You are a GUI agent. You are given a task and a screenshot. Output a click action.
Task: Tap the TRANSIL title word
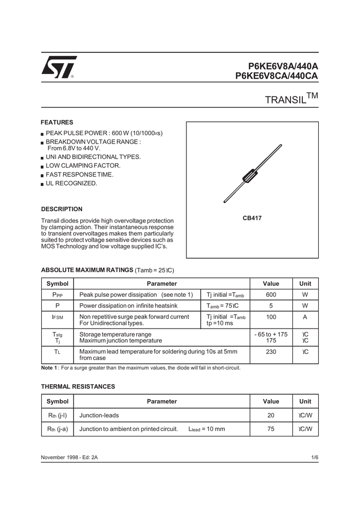pyautogui.click(x=285, y=99)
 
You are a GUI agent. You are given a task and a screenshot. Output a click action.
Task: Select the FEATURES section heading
pyautogui.click(x=57, y=122)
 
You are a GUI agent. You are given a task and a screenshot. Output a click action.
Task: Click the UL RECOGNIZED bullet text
pyautogui.click(x=72, y=183)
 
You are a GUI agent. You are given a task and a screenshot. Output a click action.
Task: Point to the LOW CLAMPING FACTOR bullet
pyautogui.click(x=83, y=166)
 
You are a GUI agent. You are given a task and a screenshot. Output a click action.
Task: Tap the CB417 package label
pyautogui.click(x=252, y=218)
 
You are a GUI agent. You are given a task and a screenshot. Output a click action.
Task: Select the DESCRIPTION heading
pyautogui.click(x=62, y=209)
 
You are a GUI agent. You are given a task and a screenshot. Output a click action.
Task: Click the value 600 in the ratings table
pyautogui.click(x=271, y=295)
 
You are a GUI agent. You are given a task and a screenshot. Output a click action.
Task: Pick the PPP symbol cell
pyautogui.click(x=57, y=295)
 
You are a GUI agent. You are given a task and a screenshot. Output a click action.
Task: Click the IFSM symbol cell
pyautogui.click(x=57, y=317)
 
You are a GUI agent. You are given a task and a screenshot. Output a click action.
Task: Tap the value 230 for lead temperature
pyautogui.click(x=271, y=352)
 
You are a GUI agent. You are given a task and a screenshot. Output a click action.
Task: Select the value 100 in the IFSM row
pyautogui.click(x=271, y=317)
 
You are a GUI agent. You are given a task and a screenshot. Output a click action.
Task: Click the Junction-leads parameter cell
pyautogui.click(x=99, y=415)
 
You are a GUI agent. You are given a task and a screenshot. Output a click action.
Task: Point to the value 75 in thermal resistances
pyautogui.click(x=271, y=429)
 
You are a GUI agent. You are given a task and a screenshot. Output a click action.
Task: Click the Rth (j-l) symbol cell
pyautogui.click(x=57, y=415)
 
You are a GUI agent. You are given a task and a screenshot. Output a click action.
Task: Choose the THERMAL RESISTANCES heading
pyautogui.click(x=78, y=386)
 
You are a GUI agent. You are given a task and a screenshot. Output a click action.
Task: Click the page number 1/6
pyautogui.click(x=314, y=457)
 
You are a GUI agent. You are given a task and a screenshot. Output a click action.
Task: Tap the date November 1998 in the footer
pyautogui.click(x=61, y=457)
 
